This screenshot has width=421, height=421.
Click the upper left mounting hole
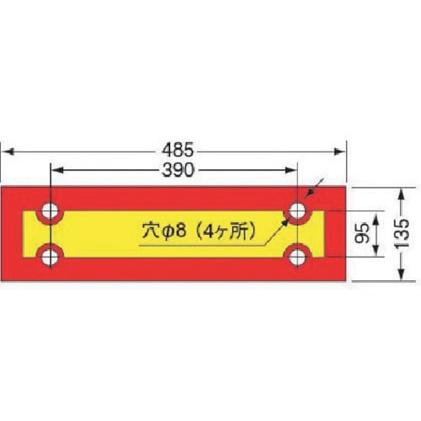tap(51, 210)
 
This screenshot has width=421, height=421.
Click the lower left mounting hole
tap(51, 255)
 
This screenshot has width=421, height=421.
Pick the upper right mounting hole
tap(298, 210)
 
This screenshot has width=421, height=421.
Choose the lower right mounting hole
tap(298, 256)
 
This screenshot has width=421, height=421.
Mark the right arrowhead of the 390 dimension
tap(293, 170)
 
